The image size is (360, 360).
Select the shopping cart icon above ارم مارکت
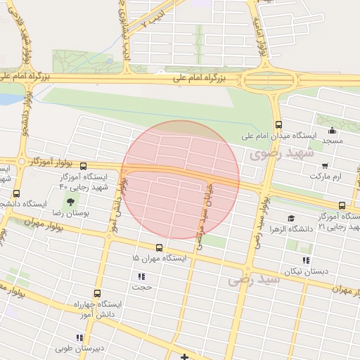pos(324,166)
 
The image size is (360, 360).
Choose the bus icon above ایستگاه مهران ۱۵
pos(160,247)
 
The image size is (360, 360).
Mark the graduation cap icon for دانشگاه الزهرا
pos(292,219)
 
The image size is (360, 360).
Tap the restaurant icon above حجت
pos(141,276)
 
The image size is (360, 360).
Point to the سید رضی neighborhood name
pos(254,279)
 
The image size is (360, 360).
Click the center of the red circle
pos(180,180)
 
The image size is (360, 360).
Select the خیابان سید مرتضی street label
pos(204,211)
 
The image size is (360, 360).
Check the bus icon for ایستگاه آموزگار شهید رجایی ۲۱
pos(342,205)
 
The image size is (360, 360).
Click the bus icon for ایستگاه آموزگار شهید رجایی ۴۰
pos(84,167)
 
